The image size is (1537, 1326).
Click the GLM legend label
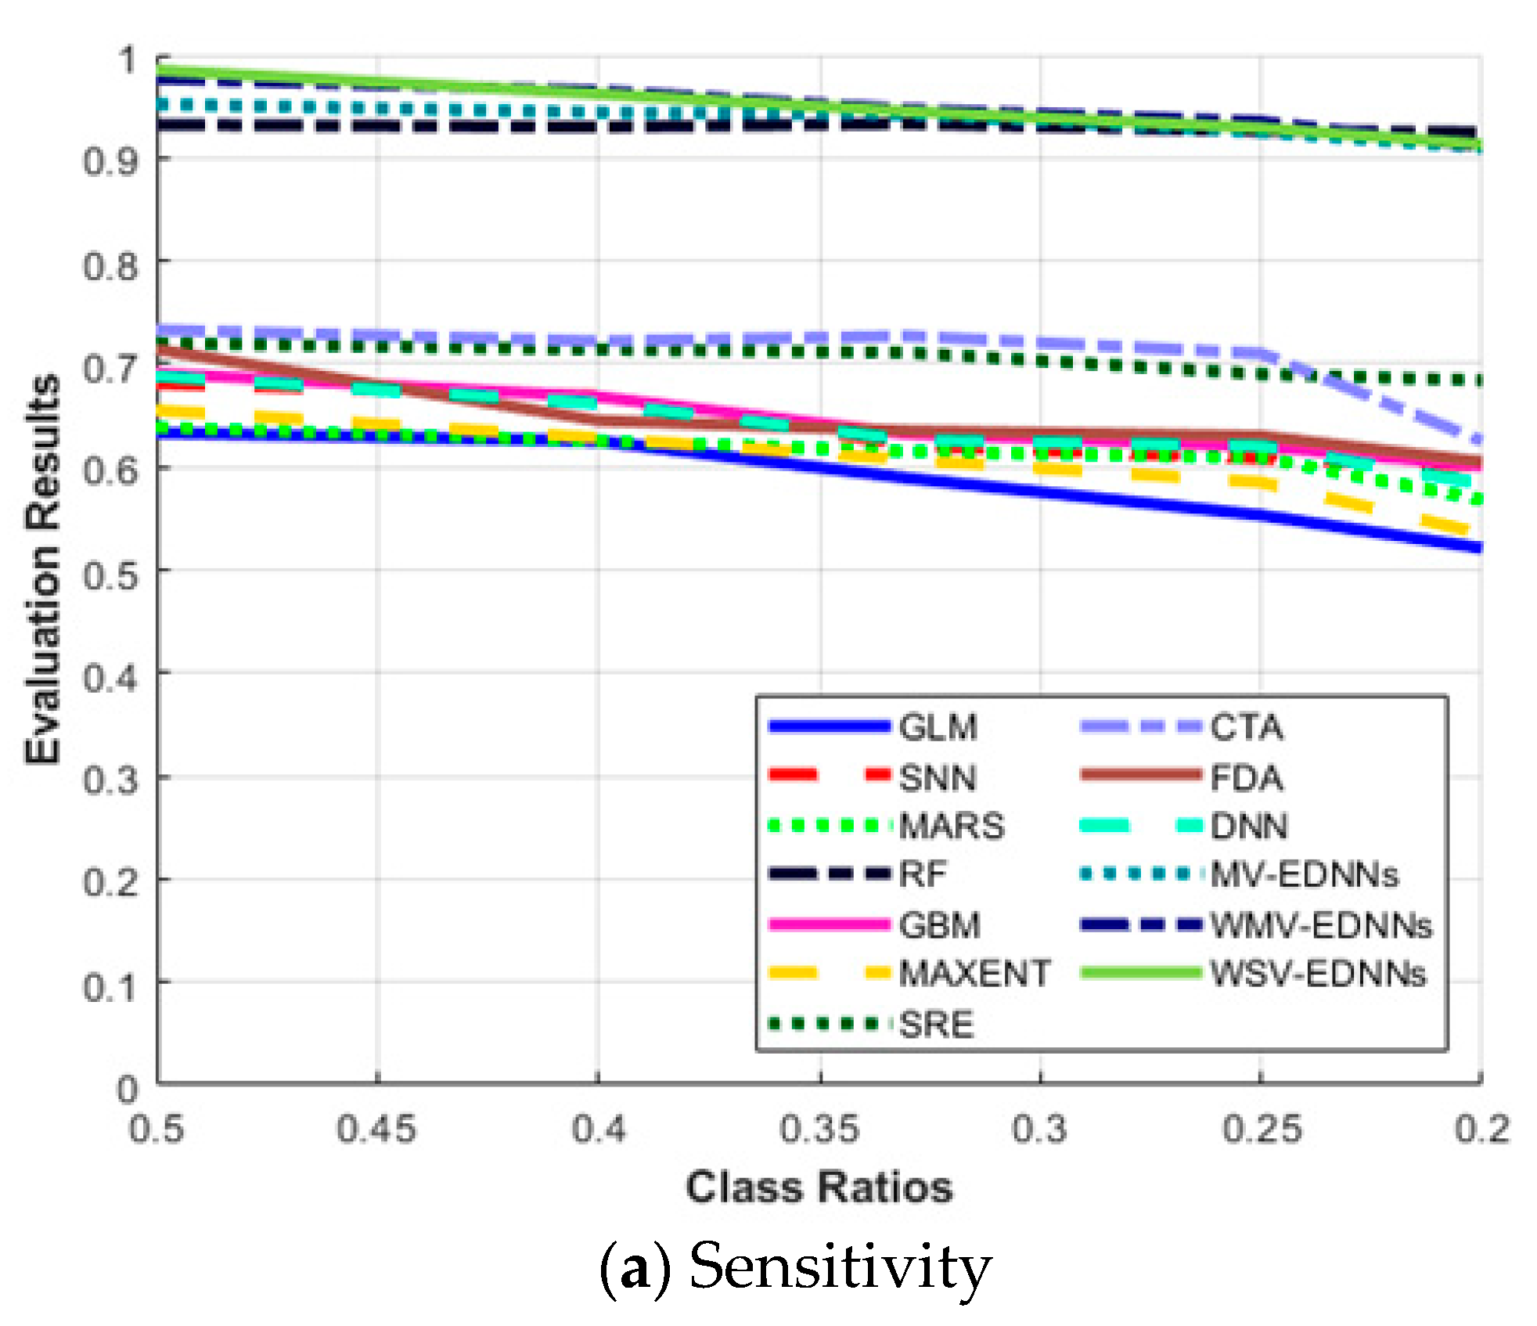click(938, 727)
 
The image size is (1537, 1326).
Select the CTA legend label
click(1247, 727)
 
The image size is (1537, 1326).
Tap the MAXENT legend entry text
click(974, 974)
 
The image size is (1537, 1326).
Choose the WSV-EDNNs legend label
click(1318, 974)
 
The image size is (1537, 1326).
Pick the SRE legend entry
click(936, 1025)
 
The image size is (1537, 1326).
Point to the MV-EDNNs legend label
click(1304, 874)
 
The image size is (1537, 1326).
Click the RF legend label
click(923, 874)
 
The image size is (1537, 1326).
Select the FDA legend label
click(1247, 777)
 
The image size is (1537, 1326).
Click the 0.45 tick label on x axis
click(376, 1130)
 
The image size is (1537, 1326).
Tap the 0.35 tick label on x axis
click(819, 1130)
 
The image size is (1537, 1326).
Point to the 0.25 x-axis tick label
click(1262, 1130)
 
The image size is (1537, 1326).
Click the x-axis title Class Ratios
click(819, 1187)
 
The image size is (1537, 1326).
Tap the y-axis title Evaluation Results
click(43, 569)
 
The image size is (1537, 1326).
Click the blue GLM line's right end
click(1478, 548)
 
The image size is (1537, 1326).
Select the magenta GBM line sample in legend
click(830, 925)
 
